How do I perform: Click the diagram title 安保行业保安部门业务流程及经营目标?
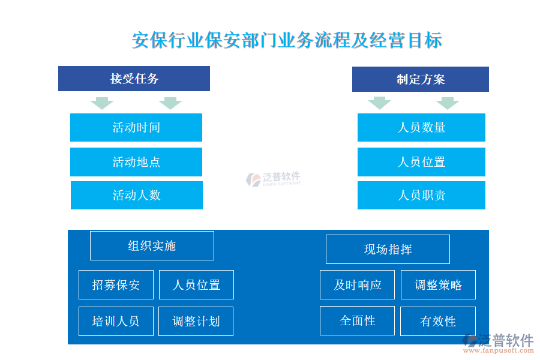click(x=287, y=40)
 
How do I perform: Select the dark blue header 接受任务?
click(x=134, y=79)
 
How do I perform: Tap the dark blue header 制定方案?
click(x=421, y=79)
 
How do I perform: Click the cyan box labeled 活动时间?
click(x=136, y=127)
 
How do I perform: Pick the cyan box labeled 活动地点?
click(x=136, y=162)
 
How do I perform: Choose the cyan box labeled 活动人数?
click(x=137, y=196)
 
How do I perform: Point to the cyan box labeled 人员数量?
click(x=421, y=127)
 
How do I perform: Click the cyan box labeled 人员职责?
click(x=421, y=196)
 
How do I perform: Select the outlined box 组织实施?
click(x=152, y=245)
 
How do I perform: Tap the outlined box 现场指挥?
click(x=388, y=250)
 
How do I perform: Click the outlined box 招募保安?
click(x=116, y=285)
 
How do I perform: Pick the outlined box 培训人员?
click(x=116, y=322)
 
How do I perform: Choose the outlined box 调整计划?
click(x=196, y=322)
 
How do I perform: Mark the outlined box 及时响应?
click(x=357, y=285)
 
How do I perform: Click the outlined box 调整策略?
click(x=438, y=285)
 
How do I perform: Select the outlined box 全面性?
click(x=357, y=321)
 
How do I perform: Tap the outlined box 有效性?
click(x=438, y=322)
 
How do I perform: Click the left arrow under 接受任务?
click(x=102, y=103)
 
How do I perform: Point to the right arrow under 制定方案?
click(x=448, y=103)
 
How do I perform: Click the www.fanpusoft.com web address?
click(x=499, y=350)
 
